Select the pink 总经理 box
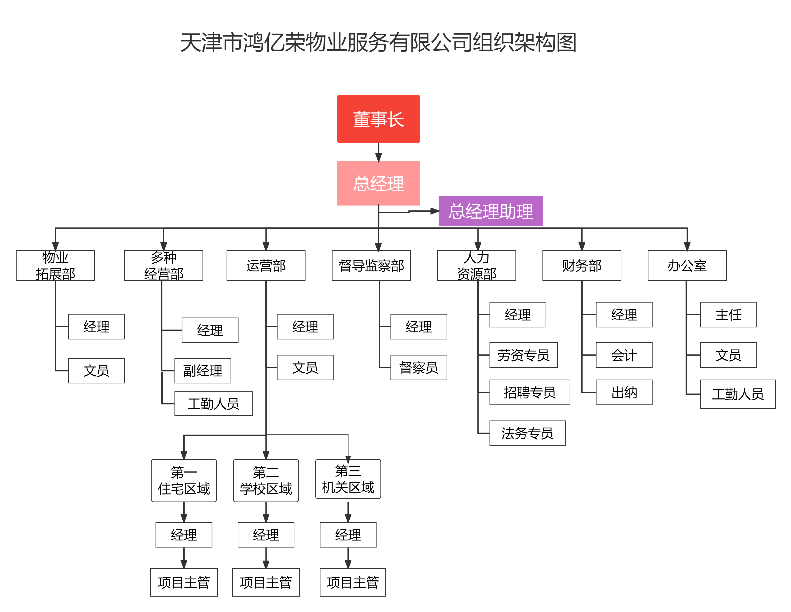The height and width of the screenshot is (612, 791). [x=379, y=183]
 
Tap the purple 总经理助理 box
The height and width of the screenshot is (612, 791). [x=490, y=211]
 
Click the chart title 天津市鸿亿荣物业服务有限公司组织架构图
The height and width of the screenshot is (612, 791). [x=379, y=42]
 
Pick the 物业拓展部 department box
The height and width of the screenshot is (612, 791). [x=55, y=266]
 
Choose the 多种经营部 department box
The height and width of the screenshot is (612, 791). [x=164, y=266]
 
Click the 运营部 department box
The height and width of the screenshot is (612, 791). [x=266, y=266]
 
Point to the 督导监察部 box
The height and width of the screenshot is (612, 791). [x=371, y=266]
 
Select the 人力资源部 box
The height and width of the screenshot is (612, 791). [x=477, y=266]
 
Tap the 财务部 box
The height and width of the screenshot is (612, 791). [x=582, y=266]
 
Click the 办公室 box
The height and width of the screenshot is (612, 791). [x=687, y=266]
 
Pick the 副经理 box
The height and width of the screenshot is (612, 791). [x=203, y=371]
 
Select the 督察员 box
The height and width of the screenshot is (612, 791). [x=419, y=367]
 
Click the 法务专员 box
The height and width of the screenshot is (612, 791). [x=527, y=433]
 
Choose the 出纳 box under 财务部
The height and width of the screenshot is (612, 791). [x=624, y=392]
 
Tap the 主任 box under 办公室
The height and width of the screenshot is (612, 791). [x=728, y=314]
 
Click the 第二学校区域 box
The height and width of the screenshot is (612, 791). [x=266, y=480]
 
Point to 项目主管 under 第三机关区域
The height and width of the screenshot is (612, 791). [x=352, y=582]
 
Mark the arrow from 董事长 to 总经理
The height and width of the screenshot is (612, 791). [x=379, y=152]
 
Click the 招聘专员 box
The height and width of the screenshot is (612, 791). [x=529, y=392]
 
